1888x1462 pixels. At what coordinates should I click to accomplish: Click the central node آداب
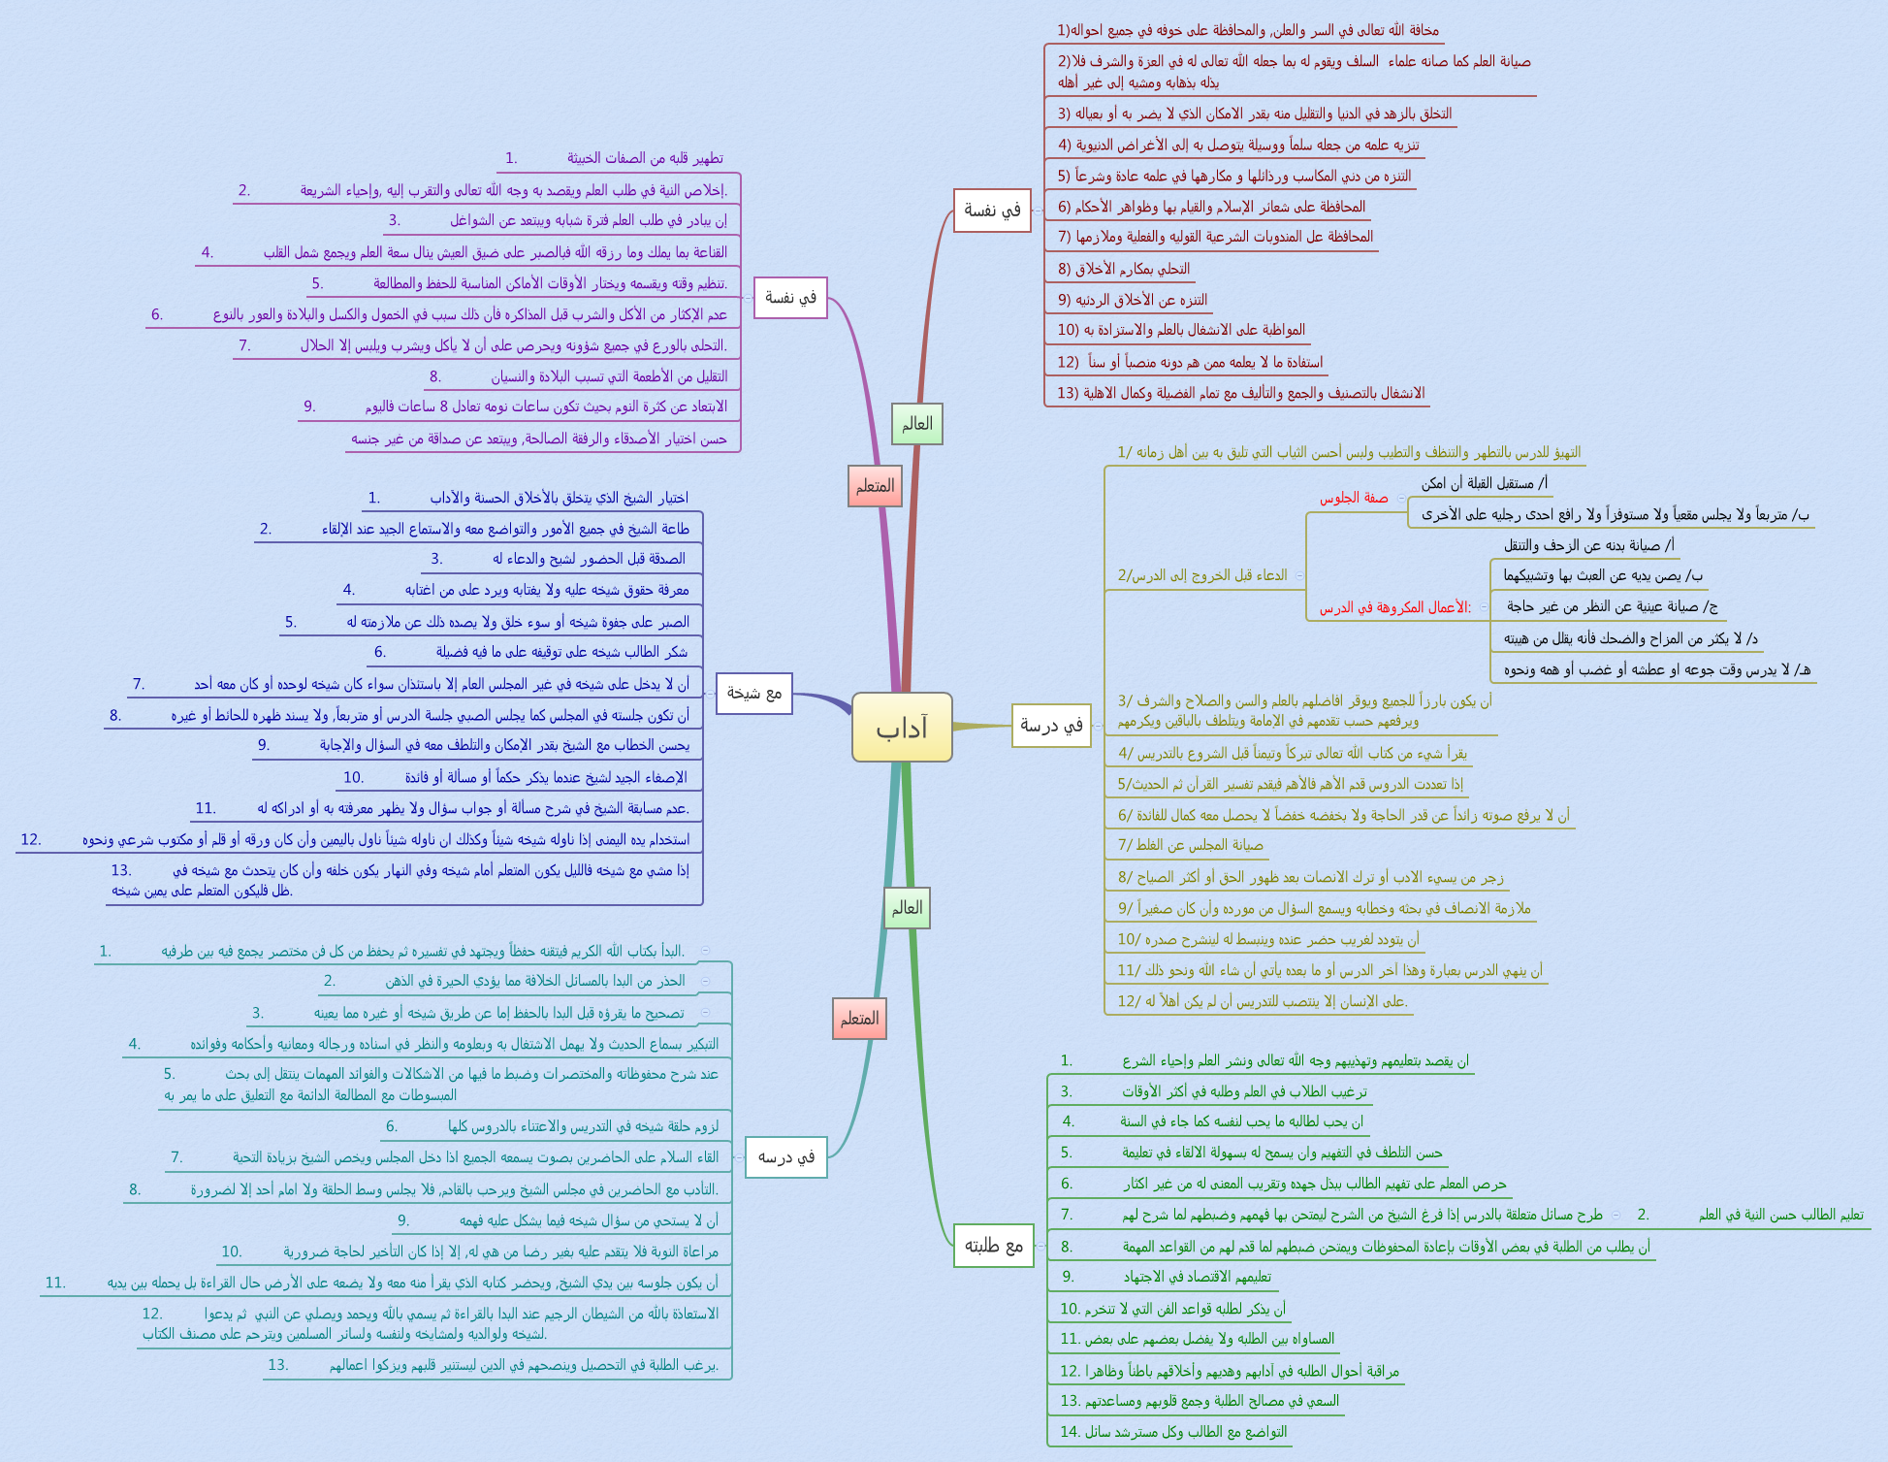coord(902,728)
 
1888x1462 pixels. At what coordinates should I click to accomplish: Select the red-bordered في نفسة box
coord(991,211)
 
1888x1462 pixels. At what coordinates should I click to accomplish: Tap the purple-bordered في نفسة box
coord(790,297)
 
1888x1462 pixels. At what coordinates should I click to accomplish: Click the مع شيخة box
coord(753,693)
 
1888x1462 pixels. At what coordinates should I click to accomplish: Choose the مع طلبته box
coord(993,1246)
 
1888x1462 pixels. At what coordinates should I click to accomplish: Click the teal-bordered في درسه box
coord(785,1157)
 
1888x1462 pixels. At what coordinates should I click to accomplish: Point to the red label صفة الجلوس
coord(1353,498)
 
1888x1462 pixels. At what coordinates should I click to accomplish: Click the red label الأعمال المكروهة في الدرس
coord(1394,607)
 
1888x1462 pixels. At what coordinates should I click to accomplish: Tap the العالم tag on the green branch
coord(907,908)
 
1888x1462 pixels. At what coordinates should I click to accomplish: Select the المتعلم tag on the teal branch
coord(859,1019)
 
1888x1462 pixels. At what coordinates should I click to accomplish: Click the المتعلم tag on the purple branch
coord(875,486)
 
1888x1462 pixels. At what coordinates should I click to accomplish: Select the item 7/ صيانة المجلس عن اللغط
coord(1190,845)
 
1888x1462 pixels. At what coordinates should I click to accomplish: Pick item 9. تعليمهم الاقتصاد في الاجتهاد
coord(1197,1277)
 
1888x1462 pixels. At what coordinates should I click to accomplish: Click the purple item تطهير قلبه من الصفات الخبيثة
coord(645,158)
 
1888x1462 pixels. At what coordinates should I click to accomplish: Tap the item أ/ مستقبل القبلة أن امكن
coord(1484,483)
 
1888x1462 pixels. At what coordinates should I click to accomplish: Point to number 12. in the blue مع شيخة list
coord(31,839)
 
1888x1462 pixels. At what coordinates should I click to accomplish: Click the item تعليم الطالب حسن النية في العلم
coord(1780,1215)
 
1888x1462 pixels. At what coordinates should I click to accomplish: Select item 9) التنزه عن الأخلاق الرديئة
coord(1132,300)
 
